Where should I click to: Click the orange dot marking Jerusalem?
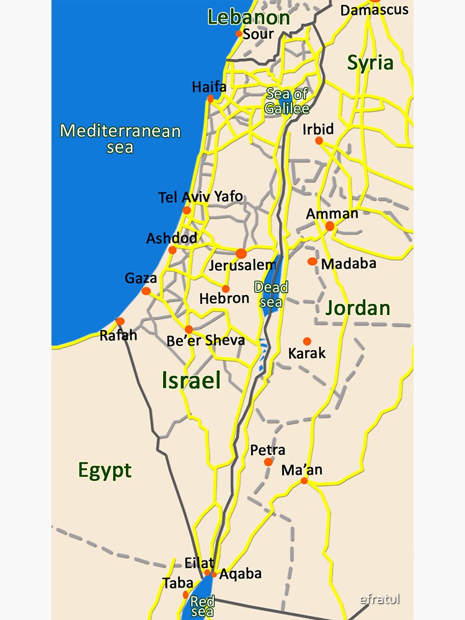click(x=241, y=253)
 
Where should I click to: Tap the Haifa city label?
click(x=209, y=87)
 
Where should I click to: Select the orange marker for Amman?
click(x=330, y=226)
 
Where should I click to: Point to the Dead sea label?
click(x=272, y=294)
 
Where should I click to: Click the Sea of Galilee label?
click(x=286, y=101)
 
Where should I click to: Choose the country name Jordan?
click(x=358, y=308)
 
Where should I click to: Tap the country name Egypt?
click(x=105, y=471)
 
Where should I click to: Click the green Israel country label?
click(x=191, y=380)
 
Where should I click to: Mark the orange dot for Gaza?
click(x=146, y=291)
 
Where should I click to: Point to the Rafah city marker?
click(x=120, y=321)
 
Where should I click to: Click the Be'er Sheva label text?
click(x=206, y=340)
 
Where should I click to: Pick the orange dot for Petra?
click(x=268, y=462)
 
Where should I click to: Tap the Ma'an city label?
click(x=302, y=469)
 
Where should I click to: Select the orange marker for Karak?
click(x=307, y=341)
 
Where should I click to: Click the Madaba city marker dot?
click(x=312, y=262)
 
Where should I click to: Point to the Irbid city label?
click(x=318, y=129)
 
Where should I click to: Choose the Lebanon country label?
click(x=248, y=17)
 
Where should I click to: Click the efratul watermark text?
click(x=380, y=599)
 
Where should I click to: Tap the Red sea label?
click(x=202, y=605)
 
